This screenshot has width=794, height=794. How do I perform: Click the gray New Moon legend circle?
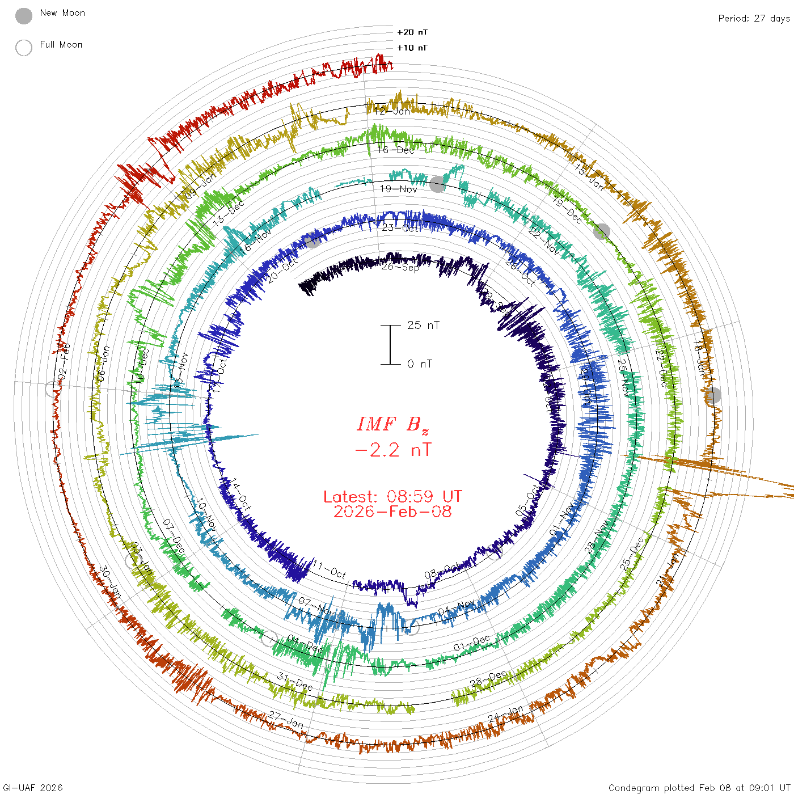24,16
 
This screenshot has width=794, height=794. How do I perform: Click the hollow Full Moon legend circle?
24,48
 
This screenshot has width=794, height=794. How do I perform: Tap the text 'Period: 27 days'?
754,18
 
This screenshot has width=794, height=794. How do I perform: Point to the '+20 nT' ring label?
412,32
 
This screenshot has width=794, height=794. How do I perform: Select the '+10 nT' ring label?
412,48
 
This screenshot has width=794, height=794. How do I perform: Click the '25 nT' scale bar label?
423,325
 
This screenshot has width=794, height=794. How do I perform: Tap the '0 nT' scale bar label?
420,364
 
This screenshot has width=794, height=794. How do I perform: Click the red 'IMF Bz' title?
392,424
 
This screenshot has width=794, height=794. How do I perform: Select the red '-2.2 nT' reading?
392,450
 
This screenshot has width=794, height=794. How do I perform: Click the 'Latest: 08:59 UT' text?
392,497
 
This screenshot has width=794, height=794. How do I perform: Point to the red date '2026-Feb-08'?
392,512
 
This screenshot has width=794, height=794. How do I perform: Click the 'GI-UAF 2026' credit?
33,788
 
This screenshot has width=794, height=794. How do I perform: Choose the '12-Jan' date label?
392,111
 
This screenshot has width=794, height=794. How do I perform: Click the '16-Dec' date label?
396,150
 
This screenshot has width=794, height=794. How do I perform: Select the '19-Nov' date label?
398,189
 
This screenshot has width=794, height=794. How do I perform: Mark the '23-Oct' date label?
402,228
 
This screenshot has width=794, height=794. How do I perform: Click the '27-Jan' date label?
286,720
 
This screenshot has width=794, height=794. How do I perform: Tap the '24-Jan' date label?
505,714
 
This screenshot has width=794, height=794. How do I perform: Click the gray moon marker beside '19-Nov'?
437,184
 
